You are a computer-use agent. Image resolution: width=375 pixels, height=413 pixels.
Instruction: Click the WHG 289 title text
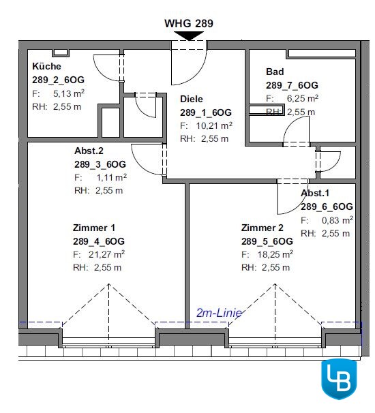[x=189, y=23]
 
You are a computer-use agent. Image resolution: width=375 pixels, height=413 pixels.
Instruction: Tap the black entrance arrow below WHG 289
[x=189, y=36]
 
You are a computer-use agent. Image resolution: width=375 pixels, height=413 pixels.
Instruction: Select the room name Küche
[x=46, y=66]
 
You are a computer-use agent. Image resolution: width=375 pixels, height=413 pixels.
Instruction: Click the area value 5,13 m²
[x=69, y=93]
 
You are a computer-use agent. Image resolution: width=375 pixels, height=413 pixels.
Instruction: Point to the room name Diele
[x=192, y=99]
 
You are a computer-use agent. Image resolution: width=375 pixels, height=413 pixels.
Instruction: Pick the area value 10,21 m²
[x=214, y=125]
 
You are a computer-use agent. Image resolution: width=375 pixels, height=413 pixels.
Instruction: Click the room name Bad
[x=275, y=72]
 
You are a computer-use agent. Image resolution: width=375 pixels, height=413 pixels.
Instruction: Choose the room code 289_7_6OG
[x=292, y=85]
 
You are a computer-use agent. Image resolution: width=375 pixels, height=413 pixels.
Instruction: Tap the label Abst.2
[x=89, y=151]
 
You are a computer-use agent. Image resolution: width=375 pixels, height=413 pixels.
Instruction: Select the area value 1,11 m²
[x=111, y=177]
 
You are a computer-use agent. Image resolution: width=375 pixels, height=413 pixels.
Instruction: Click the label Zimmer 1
[x=94, y=228]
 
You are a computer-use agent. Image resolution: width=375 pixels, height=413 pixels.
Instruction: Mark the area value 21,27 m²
[x=106, y=254]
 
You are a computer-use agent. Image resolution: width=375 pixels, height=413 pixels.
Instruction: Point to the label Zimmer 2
[x=262, y=228]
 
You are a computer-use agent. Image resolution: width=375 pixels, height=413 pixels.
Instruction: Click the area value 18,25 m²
[x=275, y=254]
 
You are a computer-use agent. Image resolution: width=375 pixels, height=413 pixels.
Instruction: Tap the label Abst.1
[x=315, y=193]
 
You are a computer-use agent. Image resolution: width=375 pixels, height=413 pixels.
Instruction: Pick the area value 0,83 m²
[x=337, y=220]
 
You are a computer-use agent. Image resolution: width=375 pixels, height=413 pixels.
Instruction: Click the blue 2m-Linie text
[x=219, y=313]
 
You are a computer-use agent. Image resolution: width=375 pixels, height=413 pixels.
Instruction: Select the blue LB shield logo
[x=339, y=379]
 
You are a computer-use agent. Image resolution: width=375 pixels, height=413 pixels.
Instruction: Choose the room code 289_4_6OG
[x=99, y=241]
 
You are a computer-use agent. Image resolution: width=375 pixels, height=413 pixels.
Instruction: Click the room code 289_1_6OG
[x=206, y=112]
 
